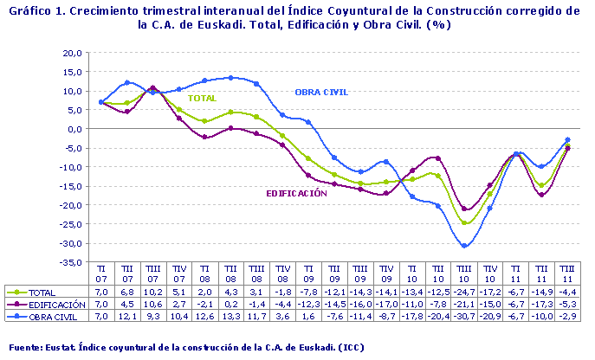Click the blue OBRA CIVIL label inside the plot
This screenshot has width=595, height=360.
[322, 92]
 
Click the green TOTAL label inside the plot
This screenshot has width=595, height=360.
[202, 99]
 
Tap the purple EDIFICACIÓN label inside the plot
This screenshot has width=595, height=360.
[297, 193]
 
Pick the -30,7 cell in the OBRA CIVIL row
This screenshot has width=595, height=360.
[464, 317]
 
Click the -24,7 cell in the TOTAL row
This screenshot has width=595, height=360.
[464, 292]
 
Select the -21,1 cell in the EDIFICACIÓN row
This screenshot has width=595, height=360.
[464, 305]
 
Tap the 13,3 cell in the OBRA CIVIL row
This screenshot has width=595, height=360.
[231, 317]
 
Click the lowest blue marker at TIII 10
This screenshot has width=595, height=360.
[465, 246]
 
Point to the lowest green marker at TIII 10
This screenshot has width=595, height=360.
[465, 223]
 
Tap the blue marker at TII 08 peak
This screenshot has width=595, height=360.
[231, 78]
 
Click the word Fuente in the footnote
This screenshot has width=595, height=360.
[25, 347]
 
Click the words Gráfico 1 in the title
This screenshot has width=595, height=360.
[34, 11]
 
